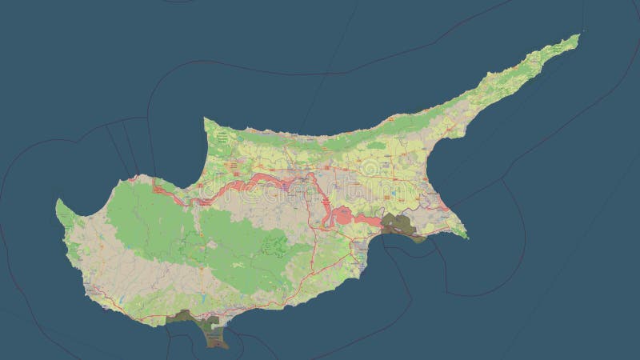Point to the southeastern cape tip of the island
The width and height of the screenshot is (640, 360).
click(x=466, y=237)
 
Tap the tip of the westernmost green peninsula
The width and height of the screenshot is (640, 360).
click(x=58, y=202)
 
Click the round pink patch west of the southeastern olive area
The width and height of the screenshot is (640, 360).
click(x=342, y=215)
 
